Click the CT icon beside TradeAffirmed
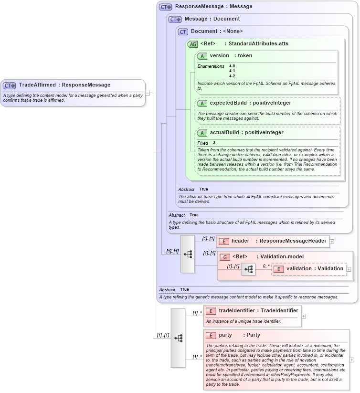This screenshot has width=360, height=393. [x=10, y=85]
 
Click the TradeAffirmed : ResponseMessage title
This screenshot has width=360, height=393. [x=64, y=85]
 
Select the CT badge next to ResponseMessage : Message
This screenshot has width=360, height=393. [x=166, y=7]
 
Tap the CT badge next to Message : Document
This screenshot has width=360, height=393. [x=175, y=20]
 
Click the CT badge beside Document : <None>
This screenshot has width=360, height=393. [x=183, y=32]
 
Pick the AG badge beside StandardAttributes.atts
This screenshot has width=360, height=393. [x=192, y=44]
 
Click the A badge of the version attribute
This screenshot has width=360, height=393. [x=202, y=56]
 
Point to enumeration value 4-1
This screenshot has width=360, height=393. [x=232, y=71]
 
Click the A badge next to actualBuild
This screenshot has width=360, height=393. [x=202, y=133]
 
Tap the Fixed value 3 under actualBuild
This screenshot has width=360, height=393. [x=214, y=143]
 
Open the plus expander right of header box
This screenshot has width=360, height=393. [x=332, y=242]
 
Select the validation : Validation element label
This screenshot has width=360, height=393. [x=315, y=269]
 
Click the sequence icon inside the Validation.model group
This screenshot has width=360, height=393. [x=248, y=269]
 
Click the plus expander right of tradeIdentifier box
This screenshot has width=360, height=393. [x=304, y=316]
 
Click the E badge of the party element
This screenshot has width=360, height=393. [x=211, y=335]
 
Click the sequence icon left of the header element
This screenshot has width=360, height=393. [x=188, y=254]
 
